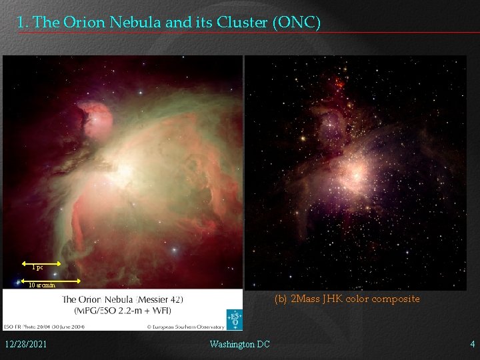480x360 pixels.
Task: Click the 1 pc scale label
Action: (38, 268)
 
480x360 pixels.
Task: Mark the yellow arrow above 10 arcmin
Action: (51, 281)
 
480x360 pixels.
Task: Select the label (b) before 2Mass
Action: (281, 299)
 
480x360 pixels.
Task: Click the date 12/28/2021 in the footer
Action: (25, 344)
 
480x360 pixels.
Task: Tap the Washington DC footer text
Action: (239, 344)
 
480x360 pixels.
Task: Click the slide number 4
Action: (472, 344)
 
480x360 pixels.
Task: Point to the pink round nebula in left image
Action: (94, 117)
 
